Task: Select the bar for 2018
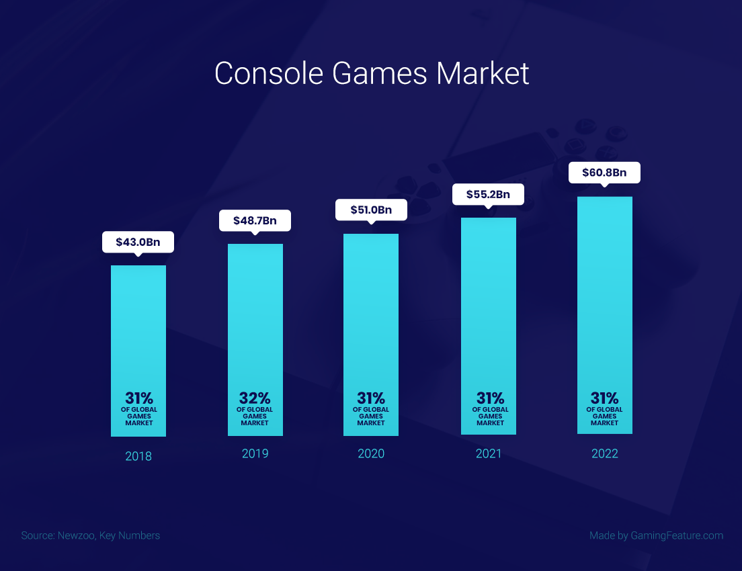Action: (138, 322)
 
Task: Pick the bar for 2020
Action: (371, 309)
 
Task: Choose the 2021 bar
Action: (489, 302)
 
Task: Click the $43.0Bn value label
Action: (138, 243)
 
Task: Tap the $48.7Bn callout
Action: (255, 220)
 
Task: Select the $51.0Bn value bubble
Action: (371, 210)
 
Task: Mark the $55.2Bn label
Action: (489, 195)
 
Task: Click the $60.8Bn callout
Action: (604, 173)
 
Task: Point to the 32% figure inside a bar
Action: (255, 398)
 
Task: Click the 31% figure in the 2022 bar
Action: (605, 398)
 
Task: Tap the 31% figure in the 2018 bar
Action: (138, 398)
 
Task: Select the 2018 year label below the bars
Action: (138, 456)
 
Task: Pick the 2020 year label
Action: (371, 453)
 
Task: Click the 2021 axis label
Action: (489, 453)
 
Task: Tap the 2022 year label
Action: (605, 453)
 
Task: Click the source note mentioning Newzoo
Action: (91, 535)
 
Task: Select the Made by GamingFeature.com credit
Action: (656, 535)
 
